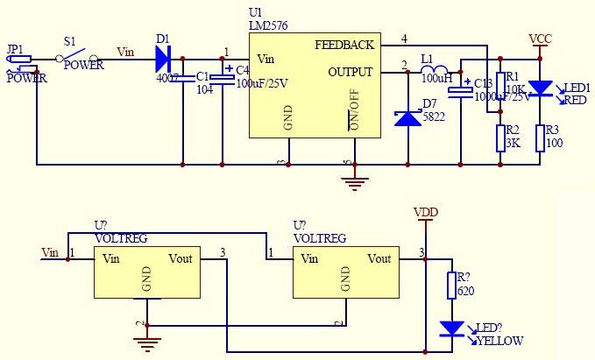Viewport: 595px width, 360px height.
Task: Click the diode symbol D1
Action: [x=164, y=59]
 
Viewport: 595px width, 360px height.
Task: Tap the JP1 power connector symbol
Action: [x=18, y=60]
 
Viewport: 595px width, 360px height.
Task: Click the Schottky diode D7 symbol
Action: [x=407, y=117]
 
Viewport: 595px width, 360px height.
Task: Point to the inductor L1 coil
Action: [x=435, y=71]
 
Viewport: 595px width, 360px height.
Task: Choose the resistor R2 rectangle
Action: [x=500, y=137]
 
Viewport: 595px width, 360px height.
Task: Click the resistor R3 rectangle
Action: [x=541, y=137]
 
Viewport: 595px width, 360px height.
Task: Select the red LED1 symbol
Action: [x=541, y=88]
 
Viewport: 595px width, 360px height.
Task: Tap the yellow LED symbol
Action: [x=451, y=328]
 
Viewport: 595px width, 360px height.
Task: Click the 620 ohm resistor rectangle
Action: [x=451, y=285]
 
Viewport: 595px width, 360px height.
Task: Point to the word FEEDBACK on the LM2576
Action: [x=345, y=45]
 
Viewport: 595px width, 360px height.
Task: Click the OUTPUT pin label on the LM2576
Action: [x=350, y=72]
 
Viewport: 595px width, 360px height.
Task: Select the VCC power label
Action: [x=541, y=39]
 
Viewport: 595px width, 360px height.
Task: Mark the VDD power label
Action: [x=426, y=212]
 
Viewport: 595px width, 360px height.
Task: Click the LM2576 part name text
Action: [x=268, y=25]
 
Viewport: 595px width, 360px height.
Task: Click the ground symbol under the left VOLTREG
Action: [x=147, y=343]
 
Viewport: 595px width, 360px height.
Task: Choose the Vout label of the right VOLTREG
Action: [x=379, y=258]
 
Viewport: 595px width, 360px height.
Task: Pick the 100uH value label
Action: [x=436, y=79]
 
